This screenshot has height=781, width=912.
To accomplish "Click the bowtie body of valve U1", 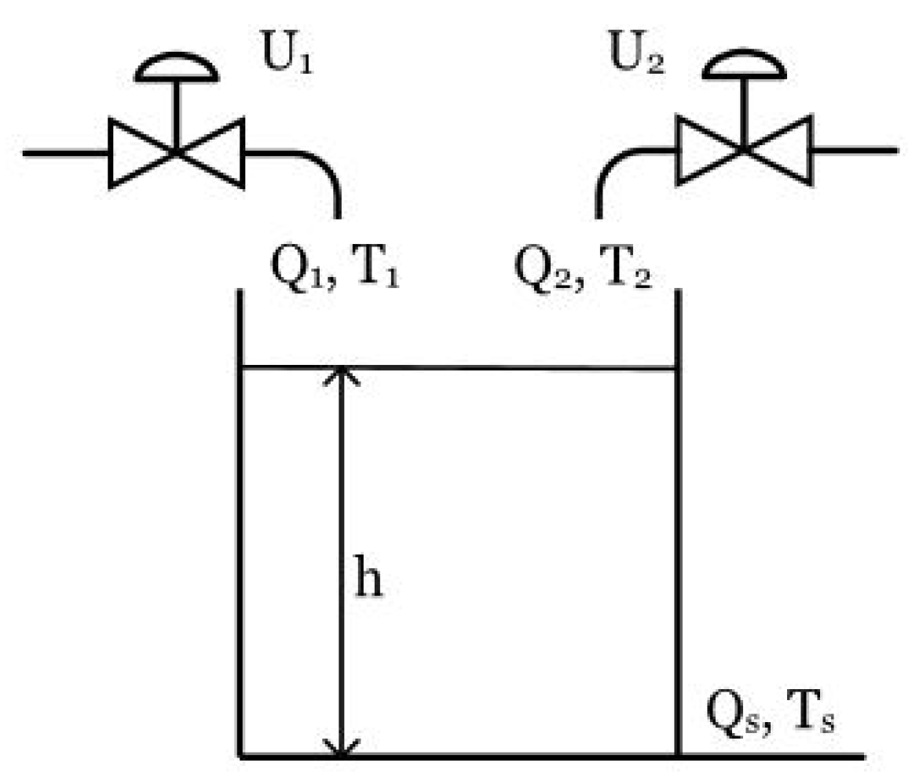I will coord(176,152).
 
